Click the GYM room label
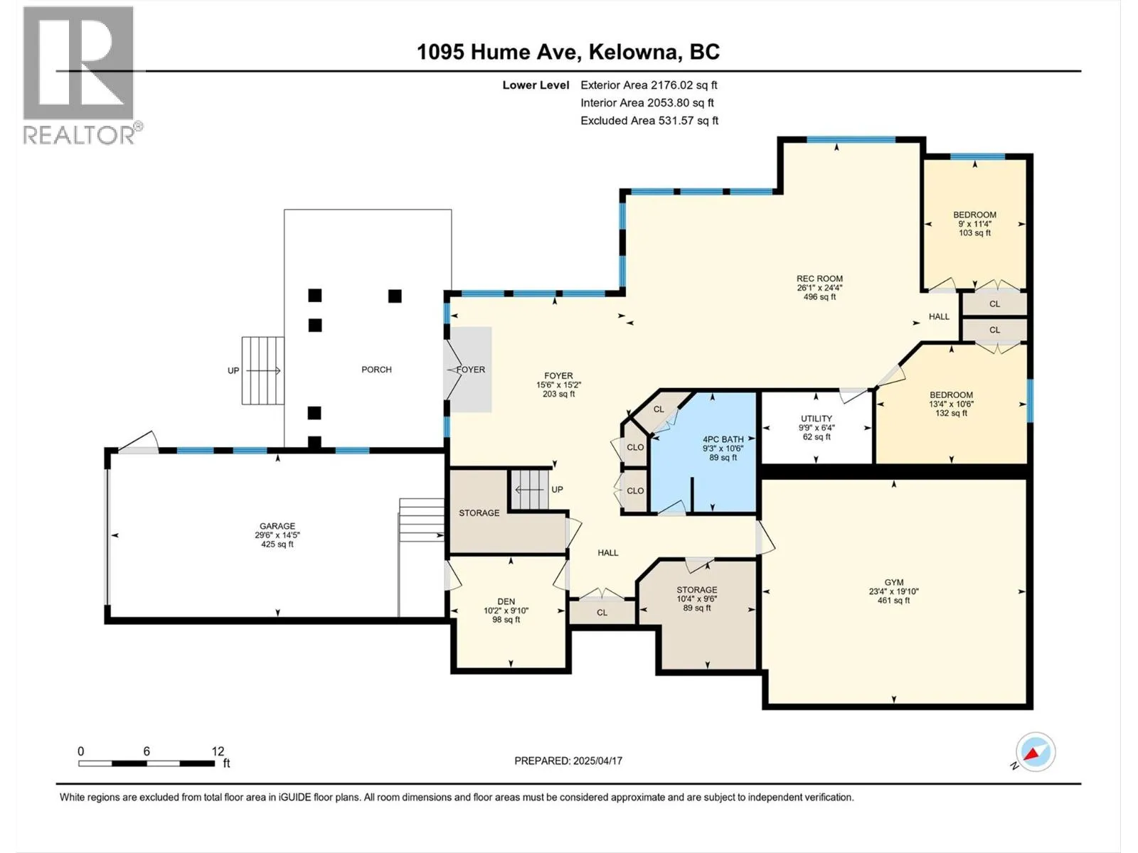click(894, 582)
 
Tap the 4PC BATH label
click(723, 439)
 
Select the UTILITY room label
click(816, 419)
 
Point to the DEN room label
click(506, 601)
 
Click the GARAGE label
click(277, 526)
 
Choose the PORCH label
click(376, 369)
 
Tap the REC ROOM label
click(819, 278)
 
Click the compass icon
click(1036, 752)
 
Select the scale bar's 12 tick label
click(218, 751)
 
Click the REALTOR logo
click(81, 75)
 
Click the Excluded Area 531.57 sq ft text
click(649, 121)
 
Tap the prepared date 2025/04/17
click(597, 761)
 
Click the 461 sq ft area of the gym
click(894, 601)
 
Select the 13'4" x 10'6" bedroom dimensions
click(951, 404)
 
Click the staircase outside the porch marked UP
click(263, 370)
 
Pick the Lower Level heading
click(536, 85)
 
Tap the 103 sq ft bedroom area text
click(974, 233)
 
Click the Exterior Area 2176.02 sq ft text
click(649, 85)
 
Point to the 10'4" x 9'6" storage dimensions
click(697, 599)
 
